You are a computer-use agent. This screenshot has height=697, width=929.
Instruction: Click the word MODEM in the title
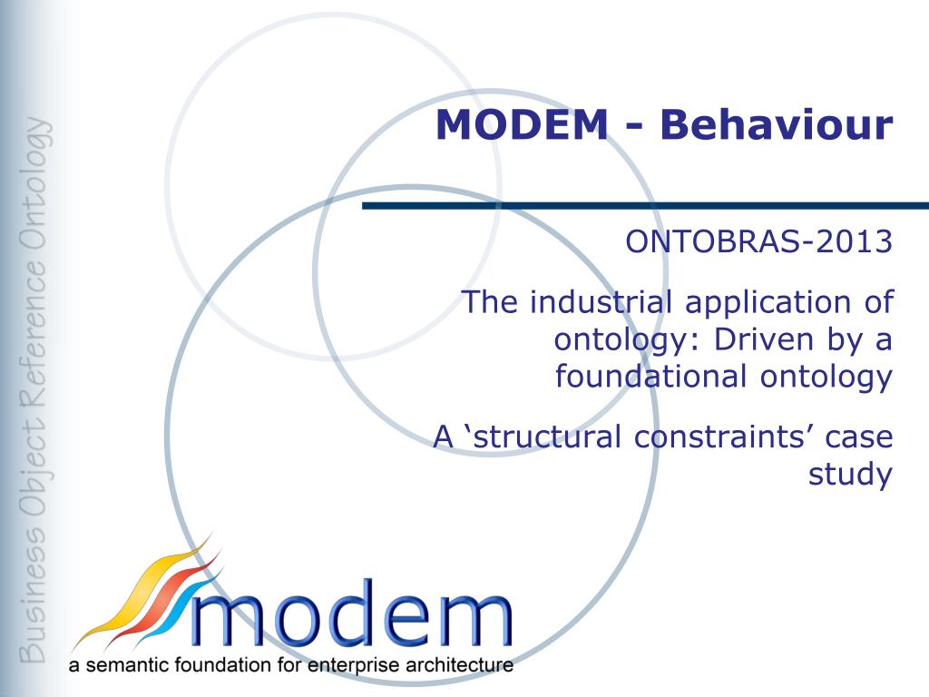coord(522,124)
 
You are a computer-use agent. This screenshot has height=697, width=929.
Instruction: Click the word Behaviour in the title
coord(777,124)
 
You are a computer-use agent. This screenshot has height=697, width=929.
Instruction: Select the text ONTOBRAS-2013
coord(759,241)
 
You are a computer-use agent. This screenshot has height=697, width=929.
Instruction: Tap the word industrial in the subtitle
coord(601,301)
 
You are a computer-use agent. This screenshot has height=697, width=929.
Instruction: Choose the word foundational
coord(650,376)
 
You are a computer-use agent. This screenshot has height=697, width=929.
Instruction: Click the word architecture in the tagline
coord(459,665)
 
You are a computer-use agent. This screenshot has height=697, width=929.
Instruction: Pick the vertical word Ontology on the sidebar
coord(34,182)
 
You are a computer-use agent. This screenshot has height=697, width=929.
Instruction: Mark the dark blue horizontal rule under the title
coord(645,206)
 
